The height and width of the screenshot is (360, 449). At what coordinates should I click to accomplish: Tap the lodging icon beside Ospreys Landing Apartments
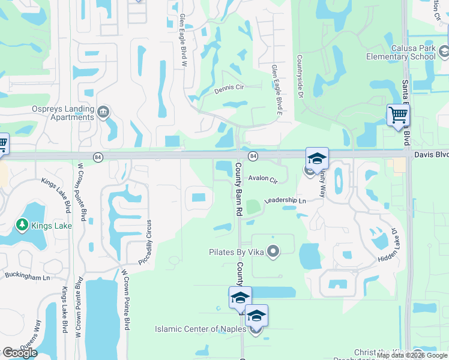(x=103, y=112)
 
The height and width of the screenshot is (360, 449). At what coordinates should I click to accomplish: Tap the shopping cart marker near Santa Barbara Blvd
(x=397, y=115)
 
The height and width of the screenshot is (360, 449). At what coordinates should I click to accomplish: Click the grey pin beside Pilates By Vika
(x=274, y=251)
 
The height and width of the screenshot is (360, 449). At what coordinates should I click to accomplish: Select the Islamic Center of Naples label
(x=200, y=329)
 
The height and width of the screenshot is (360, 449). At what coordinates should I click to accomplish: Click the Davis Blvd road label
(x=431, y=154)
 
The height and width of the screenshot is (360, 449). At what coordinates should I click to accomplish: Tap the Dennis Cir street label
(x=229, y=88)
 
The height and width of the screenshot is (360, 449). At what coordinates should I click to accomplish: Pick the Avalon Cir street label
(x=264, y=179)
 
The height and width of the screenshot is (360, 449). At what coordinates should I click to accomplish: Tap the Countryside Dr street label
(x=299, y=74)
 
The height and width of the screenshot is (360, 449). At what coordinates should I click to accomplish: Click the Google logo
(x=20, y=352)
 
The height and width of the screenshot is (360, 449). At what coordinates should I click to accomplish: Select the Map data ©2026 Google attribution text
(x=412, y=355)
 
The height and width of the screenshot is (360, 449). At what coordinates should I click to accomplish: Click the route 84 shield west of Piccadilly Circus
(x=97, y=157)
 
